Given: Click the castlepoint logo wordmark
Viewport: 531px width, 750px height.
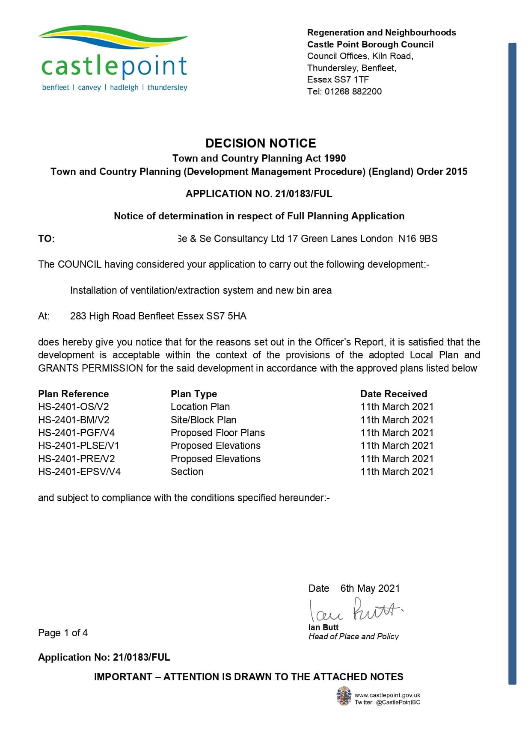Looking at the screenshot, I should coord(114,66).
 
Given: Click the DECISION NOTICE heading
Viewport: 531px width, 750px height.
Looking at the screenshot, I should coord(261,143).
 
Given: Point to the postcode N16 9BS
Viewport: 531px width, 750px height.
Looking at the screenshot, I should coord(418,239).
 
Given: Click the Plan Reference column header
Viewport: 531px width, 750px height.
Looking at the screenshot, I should coord(73,394).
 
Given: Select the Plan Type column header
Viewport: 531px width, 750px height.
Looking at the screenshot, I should coord(194,394).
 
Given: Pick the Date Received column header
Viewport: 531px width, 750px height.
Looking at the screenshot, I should coord(394,394).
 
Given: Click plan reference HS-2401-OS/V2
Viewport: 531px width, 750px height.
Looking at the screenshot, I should coord(74,407).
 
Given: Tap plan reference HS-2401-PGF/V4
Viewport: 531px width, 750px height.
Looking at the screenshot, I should coord(76,433).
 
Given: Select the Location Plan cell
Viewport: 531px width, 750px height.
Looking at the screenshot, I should coord(200,407).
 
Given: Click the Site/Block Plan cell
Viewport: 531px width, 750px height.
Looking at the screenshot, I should coord(203,420).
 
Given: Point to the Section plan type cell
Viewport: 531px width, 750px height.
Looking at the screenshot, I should coord(187,472).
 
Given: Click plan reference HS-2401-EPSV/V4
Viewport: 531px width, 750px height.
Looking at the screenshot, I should coord(79,472).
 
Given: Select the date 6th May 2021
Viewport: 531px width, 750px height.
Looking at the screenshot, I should coord(370,588).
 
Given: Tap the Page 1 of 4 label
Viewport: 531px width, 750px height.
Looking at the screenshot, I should coord(63,633).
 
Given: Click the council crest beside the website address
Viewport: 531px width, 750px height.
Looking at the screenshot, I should coord(344,696).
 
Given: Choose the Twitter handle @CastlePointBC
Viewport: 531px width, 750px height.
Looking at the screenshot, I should coord(398,702).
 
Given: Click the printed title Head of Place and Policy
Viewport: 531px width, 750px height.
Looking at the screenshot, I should coord(353,637).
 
